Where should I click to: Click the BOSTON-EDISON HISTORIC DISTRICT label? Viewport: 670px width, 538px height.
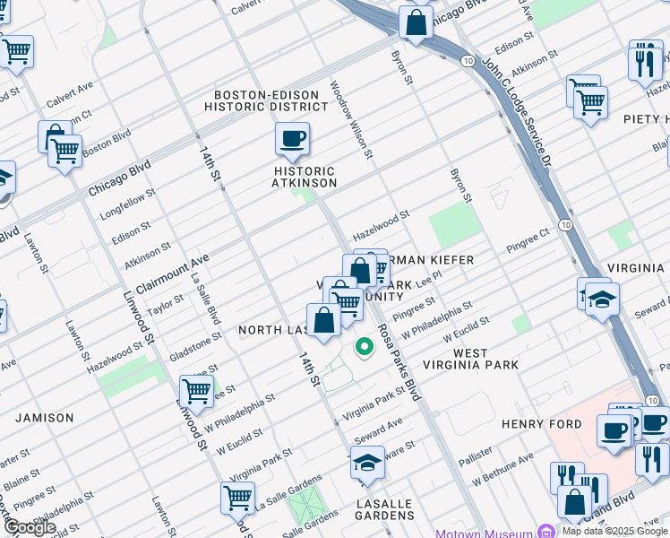(255, 100)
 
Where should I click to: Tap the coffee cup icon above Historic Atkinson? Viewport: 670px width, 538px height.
(292, 140)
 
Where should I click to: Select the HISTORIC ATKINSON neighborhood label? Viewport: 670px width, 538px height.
(304, 177)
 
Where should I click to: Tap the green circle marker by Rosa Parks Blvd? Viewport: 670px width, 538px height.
(364, 347)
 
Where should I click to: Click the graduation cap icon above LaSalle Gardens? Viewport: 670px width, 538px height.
(367, 463)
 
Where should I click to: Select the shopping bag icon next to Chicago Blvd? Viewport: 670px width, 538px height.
(417, 22)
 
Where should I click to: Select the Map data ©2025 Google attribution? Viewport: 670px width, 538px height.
(614, 531)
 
